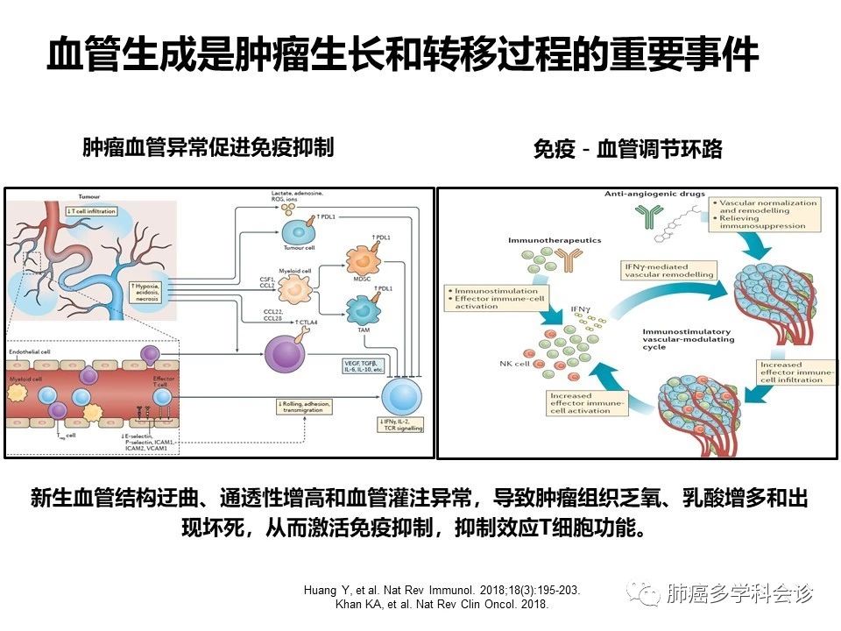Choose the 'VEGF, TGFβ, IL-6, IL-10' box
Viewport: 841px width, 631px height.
tap(365, 365)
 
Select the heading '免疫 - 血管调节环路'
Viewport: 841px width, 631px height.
tap(627, 150)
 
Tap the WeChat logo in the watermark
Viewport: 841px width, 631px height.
tap(648, 595)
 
